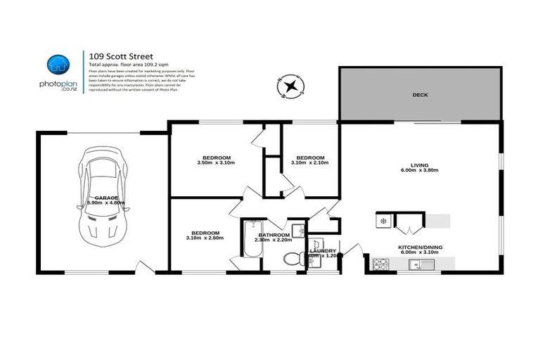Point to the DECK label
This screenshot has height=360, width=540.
[x=420, y=94]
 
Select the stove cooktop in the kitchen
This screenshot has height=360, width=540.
[x=380, y=264]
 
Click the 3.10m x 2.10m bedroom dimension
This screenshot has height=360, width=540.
[x=310, y=163]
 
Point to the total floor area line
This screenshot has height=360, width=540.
[x=120, y=63]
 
